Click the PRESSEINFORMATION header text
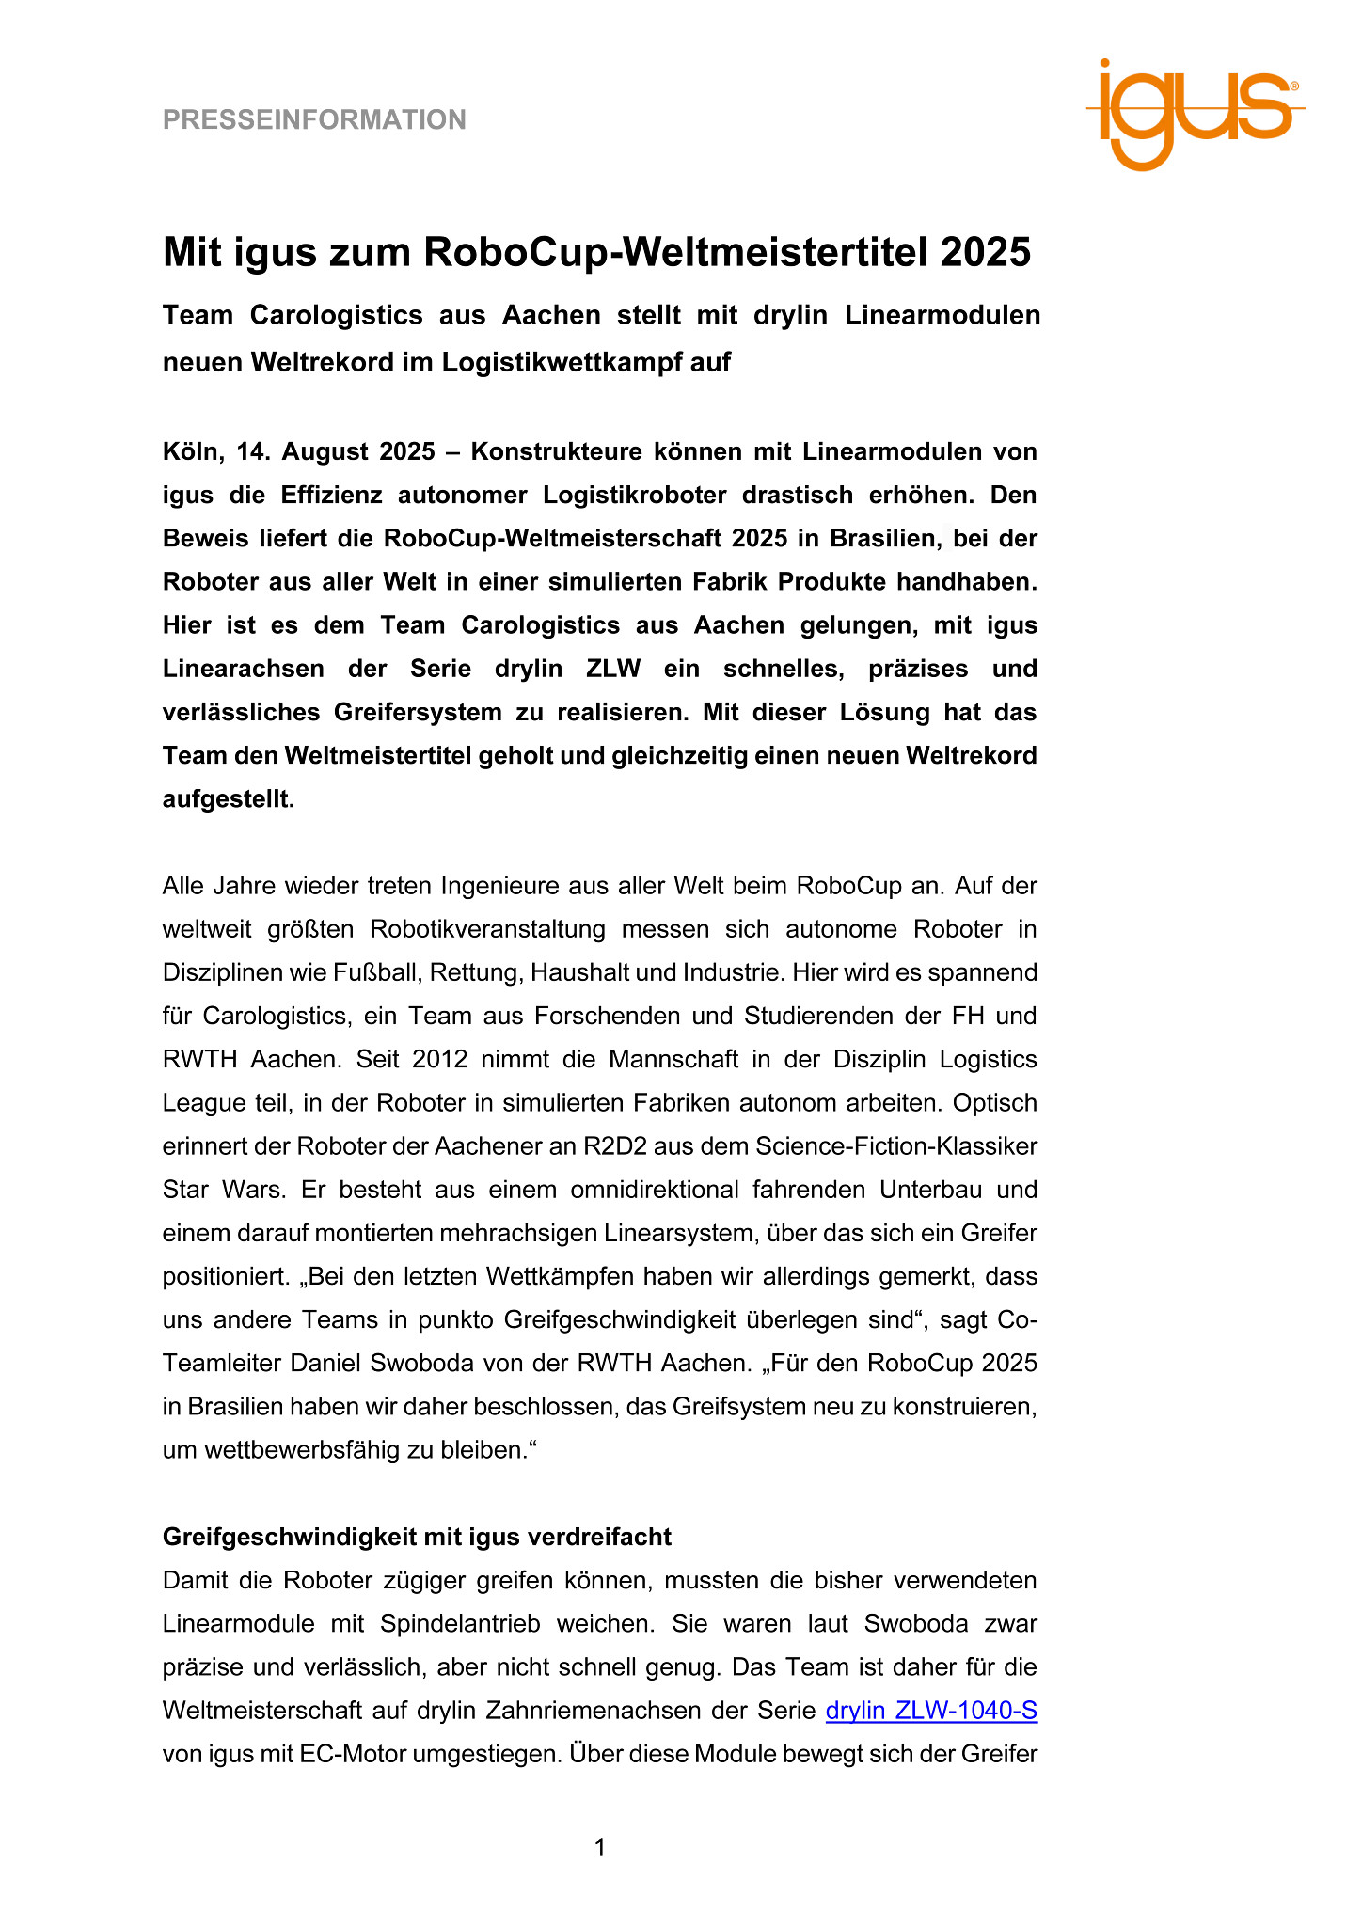click(x=314, y=119)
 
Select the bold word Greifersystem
click(x=418, y=712)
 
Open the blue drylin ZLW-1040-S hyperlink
click(x=931, y=1710)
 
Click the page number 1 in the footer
click(x=600, y=1848)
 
